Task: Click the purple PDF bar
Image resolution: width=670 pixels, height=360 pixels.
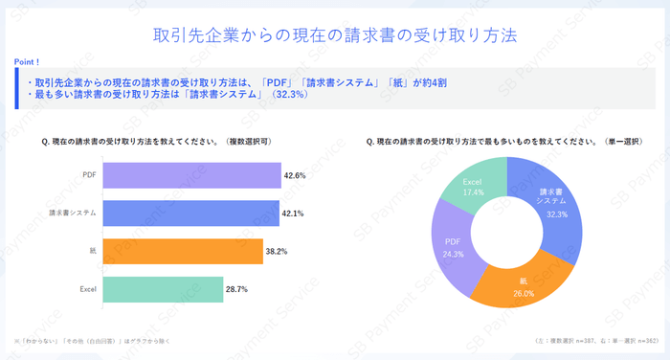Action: click(x=191, y=175)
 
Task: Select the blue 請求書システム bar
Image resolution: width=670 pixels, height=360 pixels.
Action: click(x=190, y=213)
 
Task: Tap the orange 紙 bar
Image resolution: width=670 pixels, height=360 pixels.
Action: click(x=182, y=251)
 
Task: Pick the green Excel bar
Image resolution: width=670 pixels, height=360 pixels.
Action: click(x=163, y=288)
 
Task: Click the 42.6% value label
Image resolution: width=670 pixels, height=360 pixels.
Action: click(x=295, y=175)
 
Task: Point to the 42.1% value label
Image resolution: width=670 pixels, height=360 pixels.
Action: click(x=293, y=213)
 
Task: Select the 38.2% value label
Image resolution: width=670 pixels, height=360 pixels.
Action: click(x=277, y=251)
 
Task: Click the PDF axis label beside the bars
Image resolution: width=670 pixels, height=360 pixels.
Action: click(x=89, y=175)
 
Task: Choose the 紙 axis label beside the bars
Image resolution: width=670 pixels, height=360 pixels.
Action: click(x=93, y=251)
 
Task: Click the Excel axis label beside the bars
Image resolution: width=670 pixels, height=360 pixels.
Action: click(x=87, y=288)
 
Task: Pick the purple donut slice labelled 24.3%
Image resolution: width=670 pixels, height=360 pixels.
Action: click(x=453, y=251)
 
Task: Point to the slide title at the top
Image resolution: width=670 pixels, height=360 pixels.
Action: click(x=335, y=35)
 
